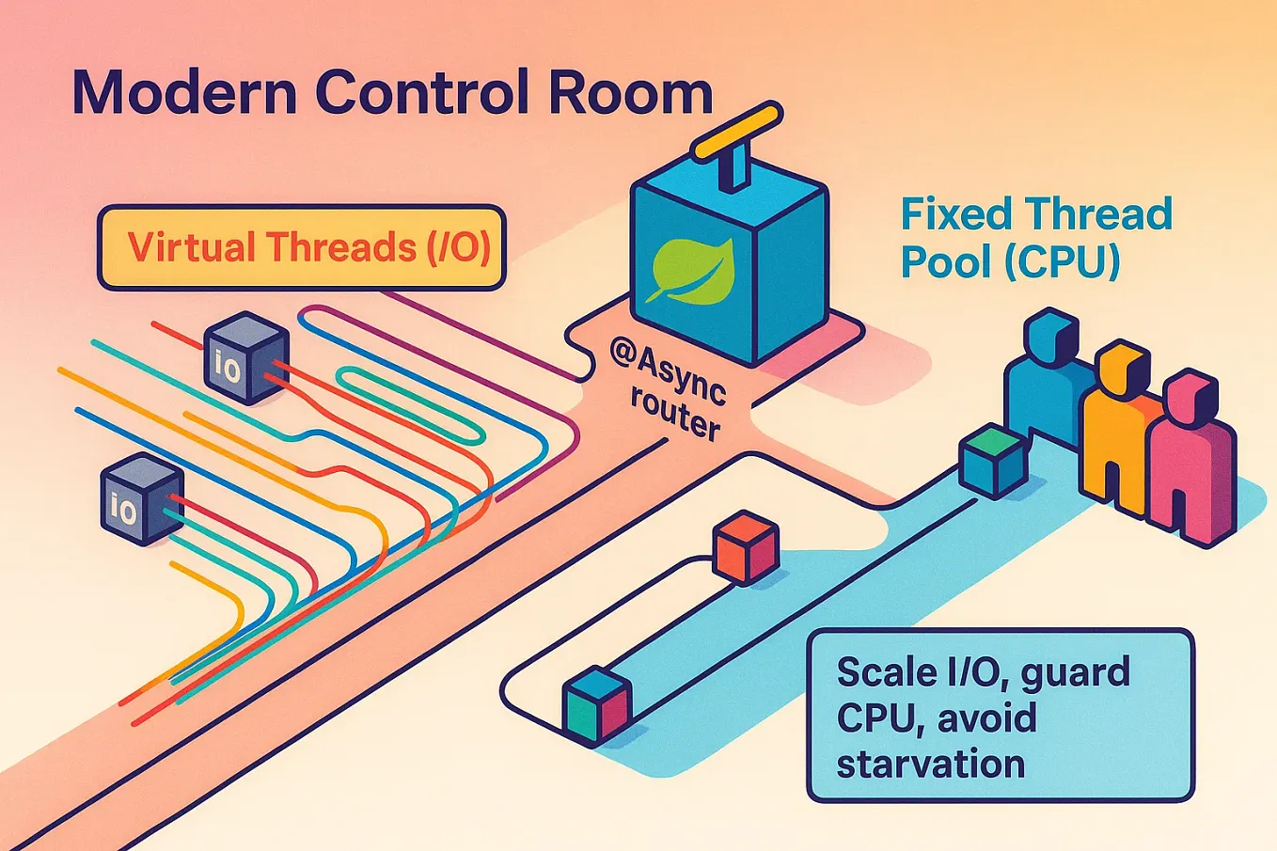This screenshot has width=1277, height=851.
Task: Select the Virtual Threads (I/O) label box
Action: click(x=302, y=247)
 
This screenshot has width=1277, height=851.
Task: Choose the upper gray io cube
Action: click(x=245, y=358)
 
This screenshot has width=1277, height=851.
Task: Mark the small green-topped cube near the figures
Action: click(x=993, y=459)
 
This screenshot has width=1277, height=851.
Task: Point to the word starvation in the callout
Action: click(x=930, y=763)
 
